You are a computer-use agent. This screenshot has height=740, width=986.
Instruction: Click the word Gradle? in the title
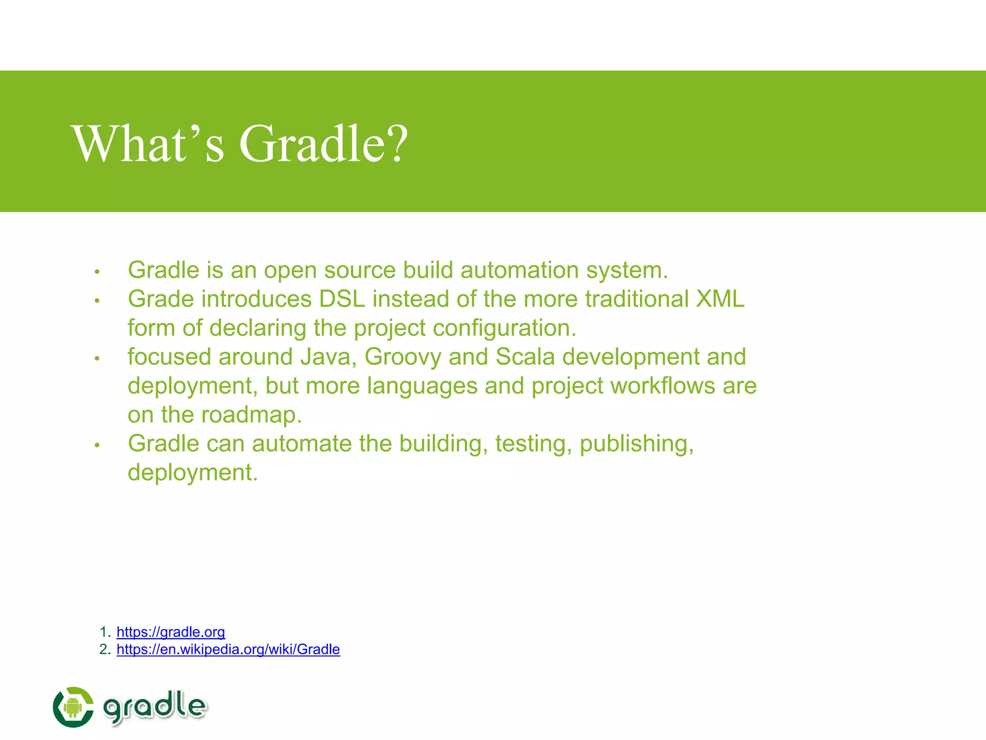tap(324, 144)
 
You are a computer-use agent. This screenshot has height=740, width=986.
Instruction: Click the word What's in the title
tap(148, 144)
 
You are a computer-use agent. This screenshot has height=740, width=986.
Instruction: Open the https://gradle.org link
tap(170, 632)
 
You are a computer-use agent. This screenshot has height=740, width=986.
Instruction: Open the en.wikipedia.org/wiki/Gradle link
tap(228, 649)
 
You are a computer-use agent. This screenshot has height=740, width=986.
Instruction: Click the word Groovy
tap(402, 357)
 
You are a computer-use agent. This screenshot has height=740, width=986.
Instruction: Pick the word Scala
tap(525, 357)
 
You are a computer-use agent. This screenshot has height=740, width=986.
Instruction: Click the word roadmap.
tap(251, 415)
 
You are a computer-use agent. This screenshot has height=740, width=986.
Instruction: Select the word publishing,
tap(636, 444)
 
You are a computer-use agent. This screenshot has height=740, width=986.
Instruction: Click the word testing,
tap(533, 444)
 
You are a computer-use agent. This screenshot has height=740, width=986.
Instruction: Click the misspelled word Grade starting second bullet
tap(161, 299)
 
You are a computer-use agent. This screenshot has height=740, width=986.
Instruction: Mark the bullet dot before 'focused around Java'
tap(97, 358)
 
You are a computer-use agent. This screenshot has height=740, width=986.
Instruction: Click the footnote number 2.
tap(104, 649)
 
